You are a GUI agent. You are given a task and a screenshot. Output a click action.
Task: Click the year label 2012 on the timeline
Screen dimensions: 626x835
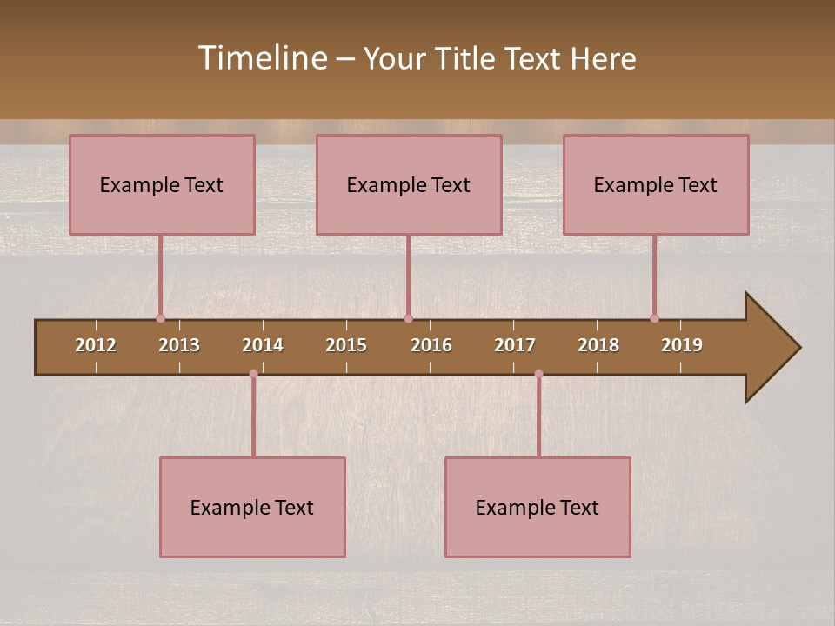[96, 345]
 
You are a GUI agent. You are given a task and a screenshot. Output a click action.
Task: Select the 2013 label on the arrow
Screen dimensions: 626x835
[179, 345]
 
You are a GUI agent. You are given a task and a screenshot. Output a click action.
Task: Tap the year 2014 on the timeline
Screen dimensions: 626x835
[263, 345]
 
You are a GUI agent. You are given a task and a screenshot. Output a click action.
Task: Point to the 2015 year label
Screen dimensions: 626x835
[346, 345]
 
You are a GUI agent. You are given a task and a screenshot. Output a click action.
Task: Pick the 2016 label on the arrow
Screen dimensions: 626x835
[431, 345]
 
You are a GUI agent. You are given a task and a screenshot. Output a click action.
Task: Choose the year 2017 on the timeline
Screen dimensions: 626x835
[515, 345]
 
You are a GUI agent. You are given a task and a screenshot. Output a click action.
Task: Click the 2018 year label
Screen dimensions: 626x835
[598, 345]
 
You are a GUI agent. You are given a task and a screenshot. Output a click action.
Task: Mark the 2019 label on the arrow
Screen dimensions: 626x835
[682, 345]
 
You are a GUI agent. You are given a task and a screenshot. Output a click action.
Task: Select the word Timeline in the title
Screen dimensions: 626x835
[262, 58]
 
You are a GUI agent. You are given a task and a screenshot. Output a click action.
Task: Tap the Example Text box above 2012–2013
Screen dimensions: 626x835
[162, 184]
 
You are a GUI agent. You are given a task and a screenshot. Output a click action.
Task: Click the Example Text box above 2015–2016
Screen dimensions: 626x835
[409, 184]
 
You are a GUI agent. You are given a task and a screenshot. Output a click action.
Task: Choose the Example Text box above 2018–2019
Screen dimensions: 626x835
[656, 184]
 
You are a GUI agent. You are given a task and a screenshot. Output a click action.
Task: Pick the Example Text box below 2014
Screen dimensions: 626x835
[252, 507]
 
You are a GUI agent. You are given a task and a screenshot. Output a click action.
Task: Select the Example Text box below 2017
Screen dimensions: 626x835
[538, 507]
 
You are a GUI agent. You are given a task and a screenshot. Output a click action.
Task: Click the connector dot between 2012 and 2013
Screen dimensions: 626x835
[160, 319]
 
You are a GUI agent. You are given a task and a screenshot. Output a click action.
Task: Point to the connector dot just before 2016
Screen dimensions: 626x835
[408, 319]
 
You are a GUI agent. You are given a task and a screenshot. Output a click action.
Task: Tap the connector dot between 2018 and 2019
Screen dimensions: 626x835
[654, 319]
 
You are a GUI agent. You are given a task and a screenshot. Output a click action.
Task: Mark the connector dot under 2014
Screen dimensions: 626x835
[253, 374]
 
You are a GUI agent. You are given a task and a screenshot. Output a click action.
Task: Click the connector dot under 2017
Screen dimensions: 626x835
[538, 374]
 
